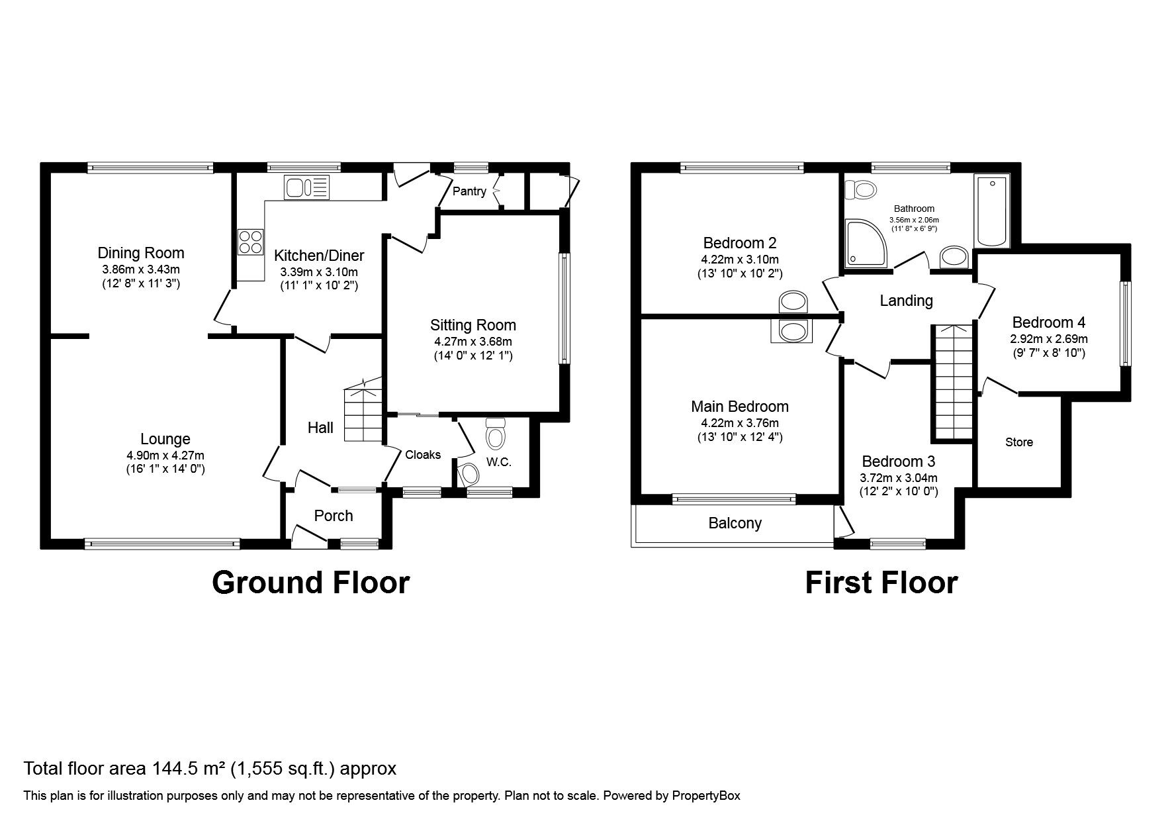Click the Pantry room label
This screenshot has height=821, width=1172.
[x=469, y=191]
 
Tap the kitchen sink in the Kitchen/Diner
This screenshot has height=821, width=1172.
[x=306, y=187]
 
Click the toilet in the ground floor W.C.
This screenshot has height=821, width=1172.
[x=495, y=434]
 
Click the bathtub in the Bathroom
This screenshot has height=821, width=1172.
[x=991, y=211]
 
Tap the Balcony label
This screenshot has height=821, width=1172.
[x=735, y=523]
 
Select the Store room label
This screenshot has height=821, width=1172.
[x=1018, y=442]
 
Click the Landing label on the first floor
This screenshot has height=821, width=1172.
[x=906, y=301]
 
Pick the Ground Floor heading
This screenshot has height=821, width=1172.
[x=310, y=583]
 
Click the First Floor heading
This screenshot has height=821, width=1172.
[x=881, y=583]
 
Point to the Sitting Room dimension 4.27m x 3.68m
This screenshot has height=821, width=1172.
[x=473, y=342]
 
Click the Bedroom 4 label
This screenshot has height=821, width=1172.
[x=1049, y=322]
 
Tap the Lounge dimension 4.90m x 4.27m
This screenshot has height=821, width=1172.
[x=165, y=455]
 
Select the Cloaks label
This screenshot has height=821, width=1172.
[x=423, y=454]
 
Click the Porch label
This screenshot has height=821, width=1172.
[x=334, y=516]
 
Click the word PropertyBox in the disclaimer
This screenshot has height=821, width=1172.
[x=706, y=796]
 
